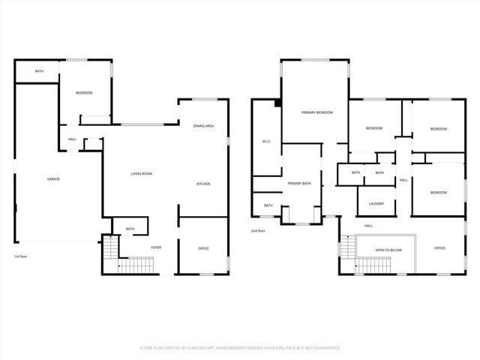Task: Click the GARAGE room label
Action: point(53,178)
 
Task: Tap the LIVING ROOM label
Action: point(142,174)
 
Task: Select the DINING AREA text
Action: point(203,126)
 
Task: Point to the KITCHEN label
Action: point(203,184)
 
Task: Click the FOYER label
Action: point(156,247)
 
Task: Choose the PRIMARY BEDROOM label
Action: point(317,112)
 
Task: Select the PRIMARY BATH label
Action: point(299,184)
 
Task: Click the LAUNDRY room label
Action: point(376,203)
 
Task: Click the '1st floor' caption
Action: point(21,256)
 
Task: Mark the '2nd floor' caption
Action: point(258,231)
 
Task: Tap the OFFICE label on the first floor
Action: point(203,248)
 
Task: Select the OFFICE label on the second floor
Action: point(439,248)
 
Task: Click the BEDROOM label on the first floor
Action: point(84,92)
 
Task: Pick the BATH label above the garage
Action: point(38,71)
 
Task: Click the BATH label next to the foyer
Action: point(130,229)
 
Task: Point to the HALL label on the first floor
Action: point(73,139)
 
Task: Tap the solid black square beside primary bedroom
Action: point(277,103)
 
